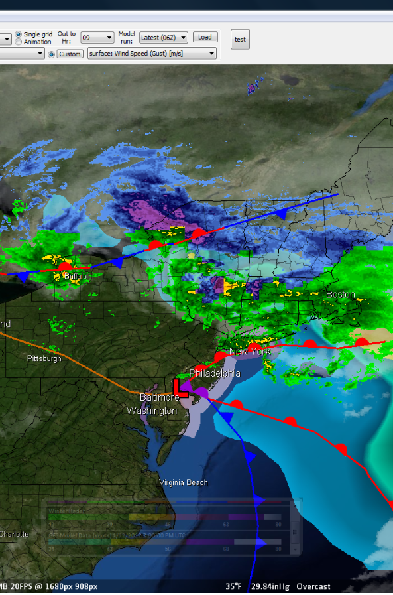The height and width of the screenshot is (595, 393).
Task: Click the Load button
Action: click(x=205, y=38)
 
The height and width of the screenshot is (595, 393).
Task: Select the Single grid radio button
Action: click(x=19, y=34)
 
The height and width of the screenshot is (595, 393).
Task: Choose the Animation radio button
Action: click(x=19, y=42)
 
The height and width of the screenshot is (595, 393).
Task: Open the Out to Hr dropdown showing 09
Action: click(x=97, y=38)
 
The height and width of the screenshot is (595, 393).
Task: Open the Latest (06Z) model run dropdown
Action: click(x=163, y=38)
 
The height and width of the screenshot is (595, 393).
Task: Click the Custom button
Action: click(x=70, y=54)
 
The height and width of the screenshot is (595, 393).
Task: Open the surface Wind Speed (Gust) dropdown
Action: click(x=152, y=54)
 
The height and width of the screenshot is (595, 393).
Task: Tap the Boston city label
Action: click(x=340, y=294)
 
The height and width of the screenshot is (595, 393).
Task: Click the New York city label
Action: click(x=250, y=351)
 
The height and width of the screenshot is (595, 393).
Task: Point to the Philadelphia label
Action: click(x=215, y=373)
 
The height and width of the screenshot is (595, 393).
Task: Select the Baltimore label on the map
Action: click(x=159, y=397)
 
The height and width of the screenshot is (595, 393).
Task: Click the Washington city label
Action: click(x=152, y=411)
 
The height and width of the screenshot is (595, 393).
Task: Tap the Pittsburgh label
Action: click(x=44, y=358)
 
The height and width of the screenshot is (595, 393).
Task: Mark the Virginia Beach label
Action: click(x=183, y=482)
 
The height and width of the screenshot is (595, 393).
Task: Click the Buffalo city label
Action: click(x=75, y=276)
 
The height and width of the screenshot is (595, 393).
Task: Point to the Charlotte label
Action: click(x=14, y=534)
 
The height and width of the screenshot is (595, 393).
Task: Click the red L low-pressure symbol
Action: click(x=180, y=388)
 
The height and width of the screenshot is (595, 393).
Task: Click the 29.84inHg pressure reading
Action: click(x=268, y=586)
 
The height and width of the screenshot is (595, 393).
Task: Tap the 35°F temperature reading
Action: click(x=233, y=586)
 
